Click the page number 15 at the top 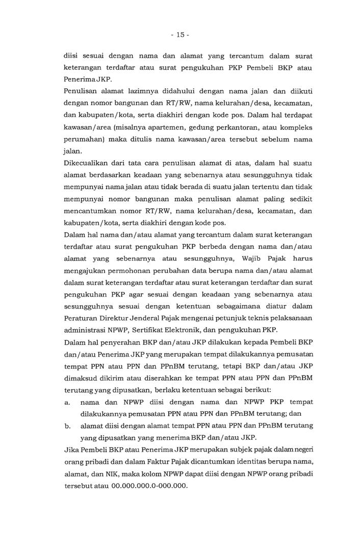[x=180, y=35]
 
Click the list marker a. [x=67, y=402]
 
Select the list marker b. [x=67, y=425]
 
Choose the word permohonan [x=134, y=270]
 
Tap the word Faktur [x=140, y=462]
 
